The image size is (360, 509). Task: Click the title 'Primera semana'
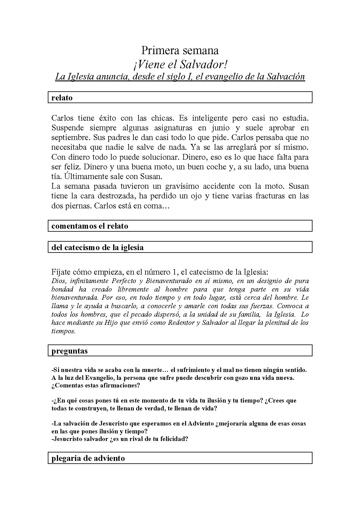(x=180, y=50)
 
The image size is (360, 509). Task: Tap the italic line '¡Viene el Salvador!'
(x=180, y=64)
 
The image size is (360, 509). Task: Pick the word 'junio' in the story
(x=221, y=128)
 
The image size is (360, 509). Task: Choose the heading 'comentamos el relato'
(x=90, y=226)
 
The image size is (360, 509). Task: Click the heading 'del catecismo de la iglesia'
(x=97, y=247)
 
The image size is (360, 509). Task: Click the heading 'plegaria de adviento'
(x=88, y=458)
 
